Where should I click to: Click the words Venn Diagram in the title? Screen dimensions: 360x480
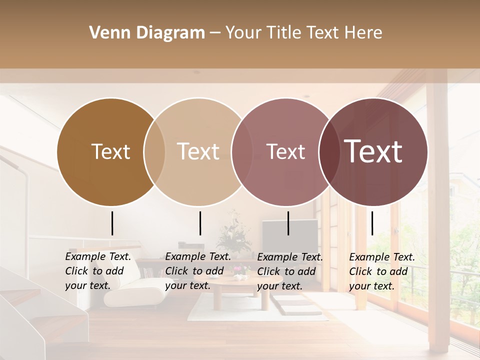tap(147, 33)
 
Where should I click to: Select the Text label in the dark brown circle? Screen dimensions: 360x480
tap(110, 151)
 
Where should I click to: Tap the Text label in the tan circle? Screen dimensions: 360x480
tap(198, 151)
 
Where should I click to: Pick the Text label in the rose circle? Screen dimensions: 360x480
tap(285, 151)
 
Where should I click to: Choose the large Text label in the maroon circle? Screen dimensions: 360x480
tap(373, 151)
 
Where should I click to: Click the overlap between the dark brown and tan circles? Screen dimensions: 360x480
tap(154, 151)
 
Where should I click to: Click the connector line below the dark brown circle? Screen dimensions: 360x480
tap(112, 223)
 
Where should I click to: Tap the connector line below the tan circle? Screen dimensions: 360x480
tap(200, 223)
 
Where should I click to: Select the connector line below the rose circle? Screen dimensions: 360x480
tap(288, 223)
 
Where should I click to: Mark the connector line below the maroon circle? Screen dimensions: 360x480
tap(372, 223)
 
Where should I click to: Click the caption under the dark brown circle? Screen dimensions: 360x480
tap(98, 271)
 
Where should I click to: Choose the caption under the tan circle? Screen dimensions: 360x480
tap(198, 271)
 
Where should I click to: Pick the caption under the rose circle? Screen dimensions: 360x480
tap(290, 271)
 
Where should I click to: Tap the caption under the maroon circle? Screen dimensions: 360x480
tap(382, 271)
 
